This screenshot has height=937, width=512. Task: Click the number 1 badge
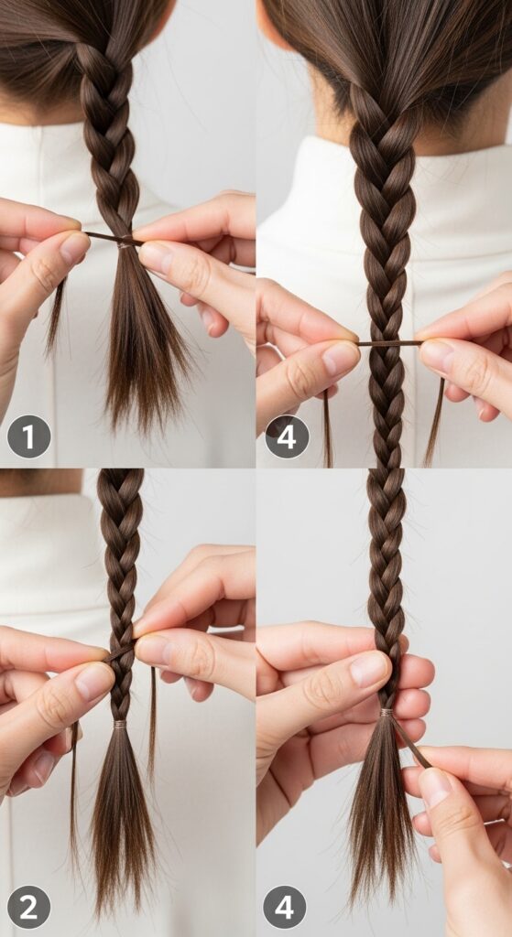point(28,436)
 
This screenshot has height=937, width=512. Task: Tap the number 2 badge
point(28,907)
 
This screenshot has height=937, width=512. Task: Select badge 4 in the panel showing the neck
point(287,436)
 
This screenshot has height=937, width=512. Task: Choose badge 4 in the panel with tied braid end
point(285,907)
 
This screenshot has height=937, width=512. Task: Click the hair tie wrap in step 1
point(124,243)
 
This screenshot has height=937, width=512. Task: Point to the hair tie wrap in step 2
point(121,725)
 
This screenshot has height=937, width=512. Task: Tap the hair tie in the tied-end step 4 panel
point(387,713)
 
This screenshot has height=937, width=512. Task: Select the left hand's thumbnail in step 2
point(94,681)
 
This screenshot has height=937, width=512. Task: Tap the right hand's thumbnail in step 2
point(152,649)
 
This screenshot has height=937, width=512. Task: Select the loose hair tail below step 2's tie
point(122,813)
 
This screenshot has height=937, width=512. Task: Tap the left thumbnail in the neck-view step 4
point(340,358)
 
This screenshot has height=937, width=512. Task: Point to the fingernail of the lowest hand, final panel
point(435,786)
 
